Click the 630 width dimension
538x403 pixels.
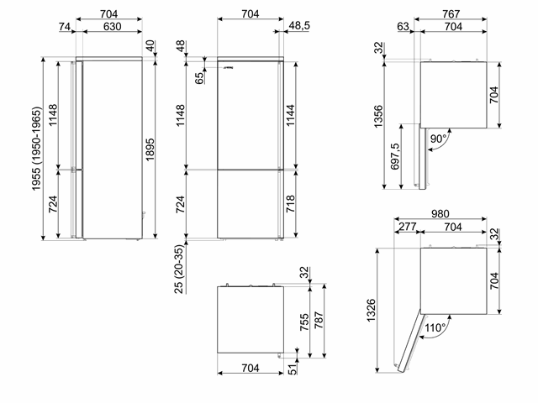(112, 26)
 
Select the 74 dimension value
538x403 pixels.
(65, 26)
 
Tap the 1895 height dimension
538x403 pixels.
(150, 149)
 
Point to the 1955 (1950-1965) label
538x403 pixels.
(36, 149)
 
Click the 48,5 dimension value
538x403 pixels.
(299, 25)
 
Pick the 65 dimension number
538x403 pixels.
(199, 78)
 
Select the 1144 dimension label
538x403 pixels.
(290, 116)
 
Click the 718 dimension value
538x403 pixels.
(290, 203)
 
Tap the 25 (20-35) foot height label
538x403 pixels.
(179, 269)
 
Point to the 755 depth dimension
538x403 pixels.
(304, 322)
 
